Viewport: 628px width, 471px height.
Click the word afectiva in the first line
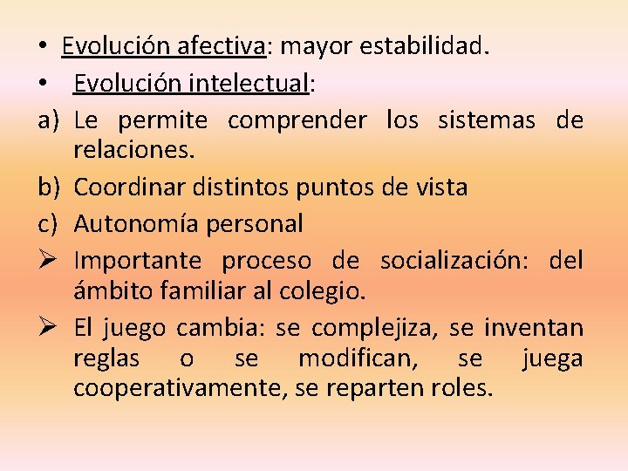click(x=223, y=45)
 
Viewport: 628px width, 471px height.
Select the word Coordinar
click(x=123, y=187)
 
